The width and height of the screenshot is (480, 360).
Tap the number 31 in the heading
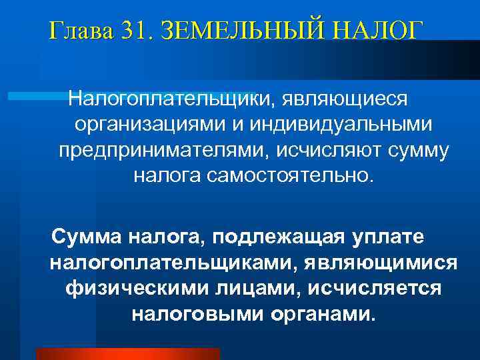coord(137,31)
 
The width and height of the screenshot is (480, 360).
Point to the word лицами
coord(248,287)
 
